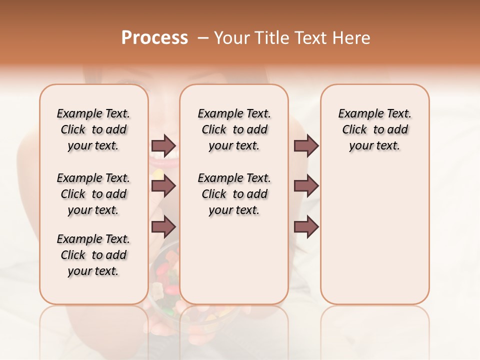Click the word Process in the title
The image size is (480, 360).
pos(154,37)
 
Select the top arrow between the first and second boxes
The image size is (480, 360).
pos(163,145)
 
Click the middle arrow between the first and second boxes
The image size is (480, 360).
pos(163,186)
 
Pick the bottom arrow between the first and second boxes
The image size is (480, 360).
pos(163,226)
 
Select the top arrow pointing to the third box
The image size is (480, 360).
pos(306,145)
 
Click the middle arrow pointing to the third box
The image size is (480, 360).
pos(306,186)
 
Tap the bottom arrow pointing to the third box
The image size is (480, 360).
pos(306,226)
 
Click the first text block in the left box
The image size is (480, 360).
pos(93,129)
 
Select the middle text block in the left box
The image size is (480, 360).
pos(93,194)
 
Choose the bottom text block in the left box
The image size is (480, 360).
pos(93,255)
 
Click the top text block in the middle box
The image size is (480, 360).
pos(234,129)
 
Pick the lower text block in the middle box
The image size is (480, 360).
pos(234,194)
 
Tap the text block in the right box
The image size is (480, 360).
pos(374,129)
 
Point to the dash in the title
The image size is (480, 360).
pos(203,37)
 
